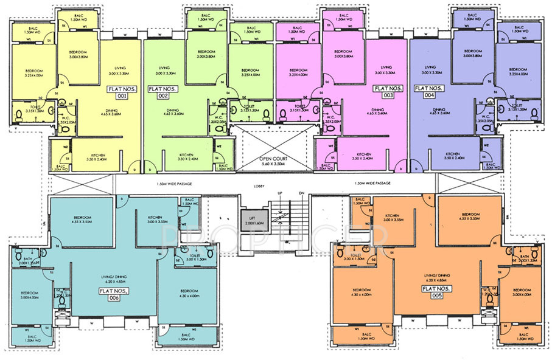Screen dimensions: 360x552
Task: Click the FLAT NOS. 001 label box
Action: pos(119,92)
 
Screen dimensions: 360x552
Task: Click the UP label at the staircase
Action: pos(279,193)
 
